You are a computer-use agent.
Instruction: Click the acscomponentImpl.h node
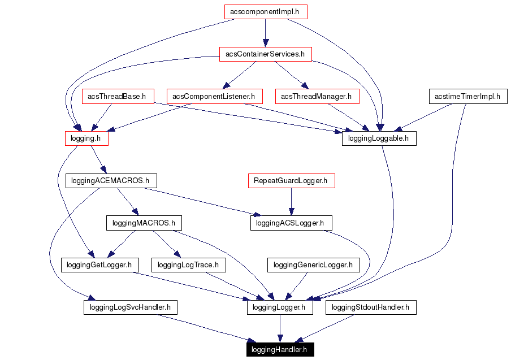265,11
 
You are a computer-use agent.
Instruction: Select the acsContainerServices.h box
265,54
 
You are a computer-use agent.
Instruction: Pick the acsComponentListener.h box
214,97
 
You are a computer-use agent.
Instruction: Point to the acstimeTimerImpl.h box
467,97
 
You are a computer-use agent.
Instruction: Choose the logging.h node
86,138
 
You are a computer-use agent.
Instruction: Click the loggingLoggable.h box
379,138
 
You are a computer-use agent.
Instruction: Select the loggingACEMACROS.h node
111,181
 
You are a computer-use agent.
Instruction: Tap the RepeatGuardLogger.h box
291,181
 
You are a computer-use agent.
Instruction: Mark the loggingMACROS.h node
144,223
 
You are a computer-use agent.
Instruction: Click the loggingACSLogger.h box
291,223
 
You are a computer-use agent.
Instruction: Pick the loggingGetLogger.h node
99,264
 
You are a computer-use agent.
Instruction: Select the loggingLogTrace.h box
189,264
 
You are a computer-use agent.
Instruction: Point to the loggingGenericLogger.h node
313,264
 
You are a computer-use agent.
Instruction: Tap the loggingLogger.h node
279,307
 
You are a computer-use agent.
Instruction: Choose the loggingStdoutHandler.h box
371,307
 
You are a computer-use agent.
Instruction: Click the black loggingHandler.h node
279,350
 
